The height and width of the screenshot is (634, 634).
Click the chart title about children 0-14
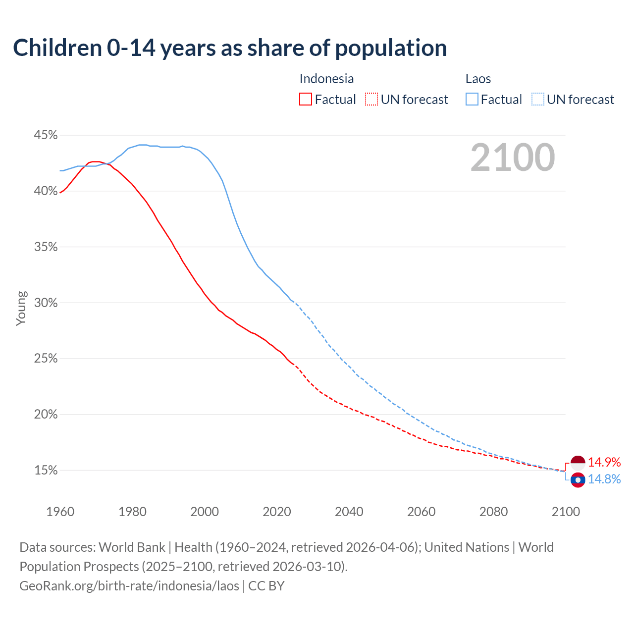point(230,48)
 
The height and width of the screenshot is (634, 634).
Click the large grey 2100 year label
point(512,158)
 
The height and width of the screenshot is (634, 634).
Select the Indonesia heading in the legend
point(326,79)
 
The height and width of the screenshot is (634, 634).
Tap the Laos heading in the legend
point(478,79)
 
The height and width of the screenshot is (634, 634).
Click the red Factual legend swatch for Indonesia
point(306,100)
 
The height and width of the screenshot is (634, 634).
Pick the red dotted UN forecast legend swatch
point(371,100)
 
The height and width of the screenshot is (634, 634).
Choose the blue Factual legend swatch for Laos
point(472,100)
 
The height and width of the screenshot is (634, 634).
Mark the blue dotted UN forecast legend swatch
point(538,100)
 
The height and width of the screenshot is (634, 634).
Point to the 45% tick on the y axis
point(46,135)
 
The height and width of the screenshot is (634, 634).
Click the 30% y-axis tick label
point(46,303)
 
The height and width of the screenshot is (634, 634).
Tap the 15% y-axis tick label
point(46,470)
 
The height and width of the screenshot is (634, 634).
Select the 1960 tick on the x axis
point(60,512)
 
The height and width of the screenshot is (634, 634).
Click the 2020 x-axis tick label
point(276,512)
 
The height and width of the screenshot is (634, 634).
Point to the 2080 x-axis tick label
point(493,512)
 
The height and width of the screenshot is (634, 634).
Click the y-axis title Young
point(21,308)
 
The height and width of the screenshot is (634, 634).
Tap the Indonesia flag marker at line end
point(578,463)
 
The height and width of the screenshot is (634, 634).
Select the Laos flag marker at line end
point(578,479)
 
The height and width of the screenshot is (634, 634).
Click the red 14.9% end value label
point(604,463)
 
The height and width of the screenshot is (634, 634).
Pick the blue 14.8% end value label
point(604,479)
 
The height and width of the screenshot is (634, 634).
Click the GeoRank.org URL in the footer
point(129,586)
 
